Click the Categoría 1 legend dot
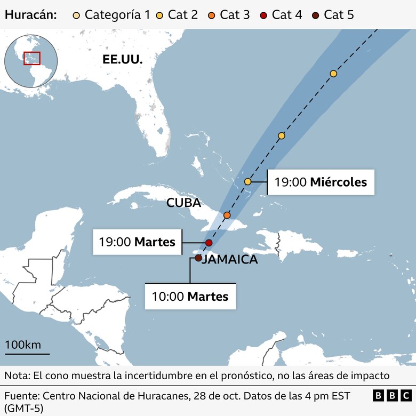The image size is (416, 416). tap(77, 14)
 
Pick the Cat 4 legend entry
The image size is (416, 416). tap(282, 14)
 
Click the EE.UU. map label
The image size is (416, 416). tap(123, 59)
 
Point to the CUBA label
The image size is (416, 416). tap(183, 203)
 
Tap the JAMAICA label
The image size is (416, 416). tap(230, 260)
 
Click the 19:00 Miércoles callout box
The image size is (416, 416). tap(321, 182)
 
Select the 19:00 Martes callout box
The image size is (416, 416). tap(137, 242)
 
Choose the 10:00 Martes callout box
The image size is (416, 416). tap(190, 297)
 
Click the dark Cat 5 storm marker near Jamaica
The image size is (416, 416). tap(198, 258)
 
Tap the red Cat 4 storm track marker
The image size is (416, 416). tap(209, 243)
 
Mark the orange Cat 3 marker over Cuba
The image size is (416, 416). tap(227, 215)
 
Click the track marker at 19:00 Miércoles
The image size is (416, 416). tap(248, 182)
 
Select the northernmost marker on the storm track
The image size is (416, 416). tap(333, 74)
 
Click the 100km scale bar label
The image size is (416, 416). tap(23, 345)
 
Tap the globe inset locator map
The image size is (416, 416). tap(31, 61)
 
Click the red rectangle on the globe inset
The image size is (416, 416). tap(32, 58)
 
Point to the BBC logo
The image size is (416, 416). tap(392, 396)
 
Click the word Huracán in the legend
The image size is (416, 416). tap(31, 14)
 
